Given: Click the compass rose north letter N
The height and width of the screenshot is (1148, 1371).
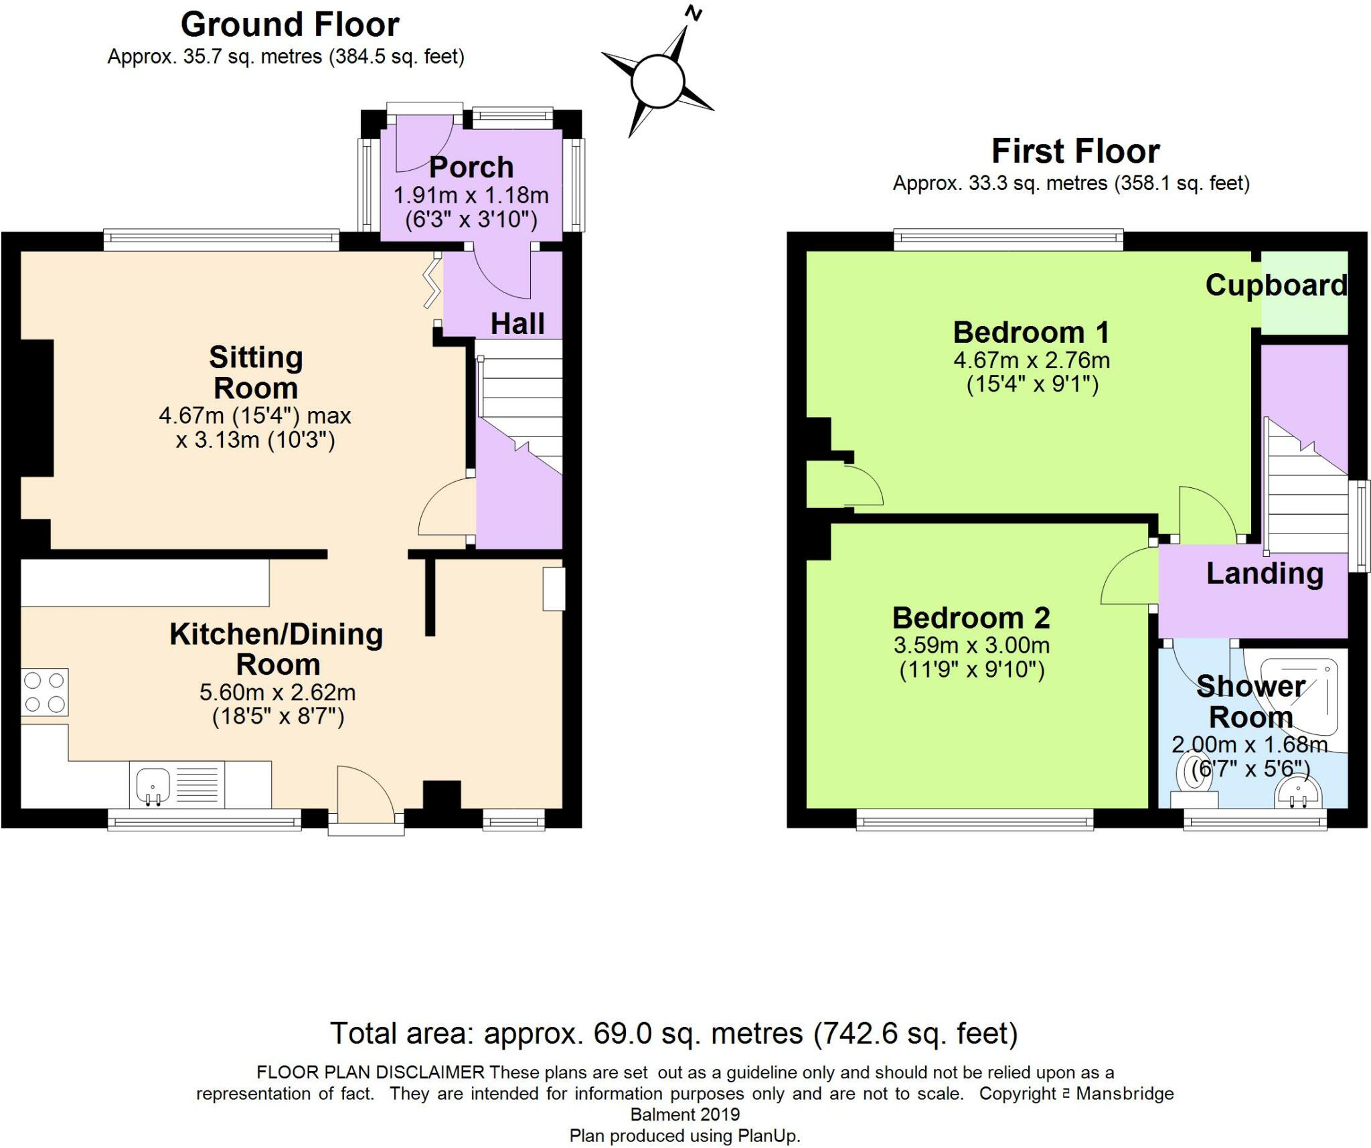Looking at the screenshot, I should click(x=695, y=13).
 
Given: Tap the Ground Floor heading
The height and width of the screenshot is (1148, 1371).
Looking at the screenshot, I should click(x=290, y=25).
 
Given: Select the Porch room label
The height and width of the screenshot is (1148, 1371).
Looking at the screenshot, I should click(x=471, y=167).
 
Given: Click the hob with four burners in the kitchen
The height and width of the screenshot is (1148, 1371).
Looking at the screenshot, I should click(x=44, y=692).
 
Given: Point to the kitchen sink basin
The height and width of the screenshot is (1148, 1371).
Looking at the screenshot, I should click(x=153, y=785).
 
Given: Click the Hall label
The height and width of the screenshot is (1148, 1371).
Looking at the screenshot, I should click(x=517, y=324).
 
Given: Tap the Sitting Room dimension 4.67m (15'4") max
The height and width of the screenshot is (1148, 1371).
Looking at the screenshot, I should click(x=255, y=416).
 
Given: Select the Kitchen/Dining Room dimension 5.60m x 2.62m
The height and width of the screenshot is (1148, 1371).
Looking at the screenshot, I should click(x=277, y=692).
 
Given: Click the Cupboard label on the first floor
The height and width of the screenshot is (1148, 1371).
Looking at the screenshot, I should click(x=1276, y=286).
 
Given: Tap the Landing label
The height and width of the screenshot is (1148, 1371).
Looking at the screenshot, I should click(x=1265, y=574).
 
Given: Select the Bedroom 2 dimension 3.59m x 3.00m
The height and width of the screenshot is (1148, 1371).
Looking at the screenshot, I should click(x=971, y=646).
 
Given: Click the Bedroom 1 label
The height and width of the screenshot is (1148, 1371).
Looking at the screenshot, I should click(x=1031, y=332).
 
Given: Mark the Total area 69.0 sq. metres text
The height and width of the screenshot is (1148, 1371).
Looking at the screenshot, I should click(x=674, y=1034).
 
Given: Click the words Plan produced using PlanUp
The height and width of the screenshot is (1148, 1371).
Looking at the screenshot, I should click(x=685, y=1136).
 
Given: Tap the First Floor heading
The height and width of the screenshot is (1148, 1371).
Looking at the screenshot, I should click(x=1075, y=151).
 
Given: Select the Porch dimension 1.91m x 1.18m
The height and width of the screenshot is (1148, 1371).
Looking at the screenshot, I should click(x=471, y=195).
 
